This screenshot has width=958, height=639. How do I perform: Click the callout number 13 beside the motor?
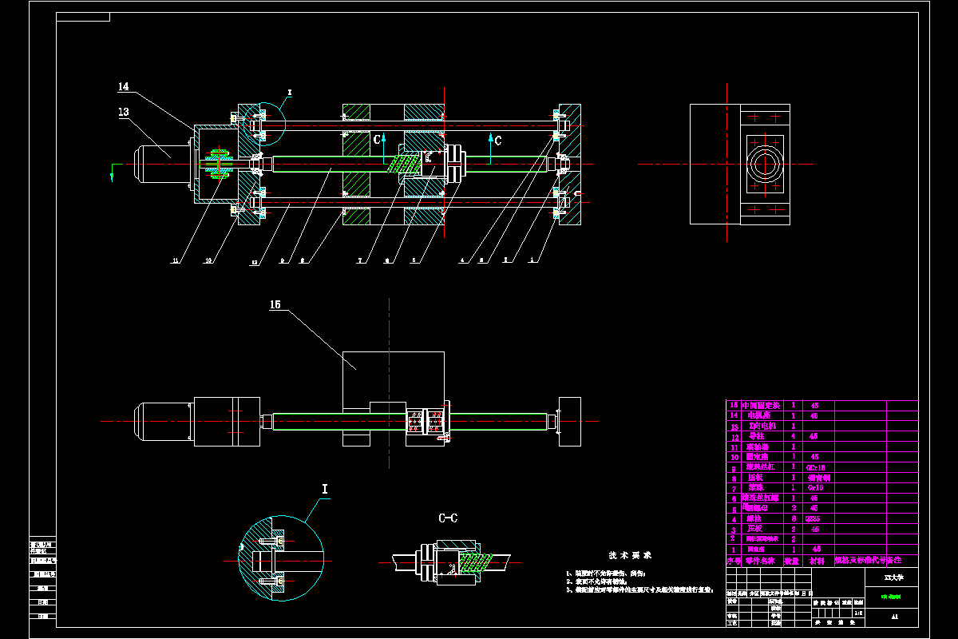coord(123,113)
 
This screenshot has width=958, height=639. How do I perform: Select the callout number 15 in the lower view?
coord(275,304)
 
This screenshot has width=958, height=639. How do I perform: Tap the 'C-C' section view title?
coord(448,518)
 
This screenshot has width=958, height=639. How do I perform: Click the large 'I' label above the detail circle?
coord(325,489)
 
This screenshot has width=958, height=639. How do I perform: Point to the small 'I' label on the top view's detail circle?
coord(290,93)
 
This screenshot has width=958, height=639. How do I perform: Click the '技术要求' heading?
coord(630,554)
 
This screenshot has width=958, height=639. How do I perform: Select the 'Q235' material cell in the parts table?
coord(814,518)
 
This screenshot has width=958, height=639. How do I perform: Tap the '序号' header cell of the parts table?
coord(733,561)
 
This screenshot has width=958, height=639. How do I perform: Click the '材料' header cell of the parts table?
coord(817,561)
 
